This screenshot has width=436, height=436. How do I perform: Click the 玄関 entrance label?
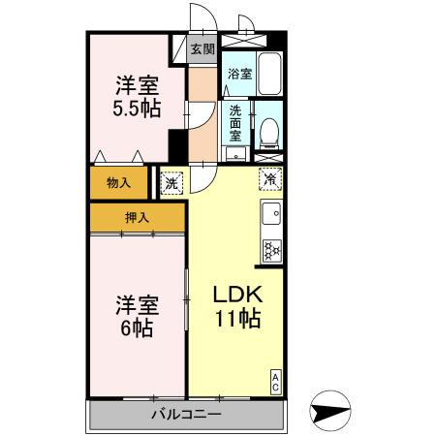point(202,48)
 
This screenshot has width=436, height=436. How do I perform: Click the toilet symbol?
point(268,130)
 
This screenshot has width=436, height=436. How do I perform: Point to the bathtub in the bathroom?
point(269,74)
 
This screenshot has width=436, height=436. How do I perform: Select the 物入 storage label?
point(117,180)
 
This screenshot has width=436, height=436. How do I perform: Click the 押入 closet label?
point(136,218)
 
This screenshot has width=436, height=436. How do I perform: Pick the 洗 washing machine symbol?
point(171,180)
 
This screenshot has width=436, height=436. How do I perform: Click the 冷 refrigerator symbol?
point(271,178)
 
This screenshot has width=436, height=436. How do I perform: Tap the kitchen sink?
point(272,214)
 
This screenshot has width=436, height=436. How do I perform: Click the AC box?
point(276,381)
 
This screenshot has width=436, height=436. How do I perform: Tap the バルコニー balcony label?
point(186,415)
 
